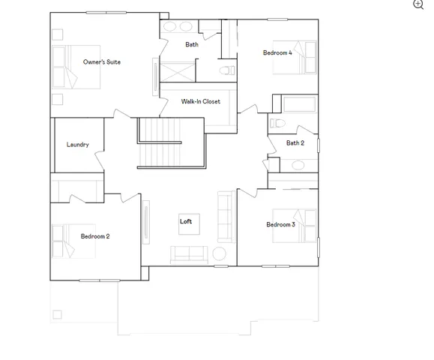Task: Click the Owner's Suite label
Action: tap(101, 61)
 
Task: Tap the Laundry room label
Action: tap(78, 145)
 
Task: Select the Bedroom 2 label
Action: tap(95, 236)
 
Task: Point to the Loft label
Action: tap(186, 221)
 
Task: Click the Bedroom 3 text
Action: tap(280, 224)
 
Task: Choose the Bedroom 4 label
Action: tap(277, 52)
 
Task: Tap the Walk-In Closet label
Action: tap(200, 101)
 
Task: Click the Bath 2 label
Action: tap(295, 142)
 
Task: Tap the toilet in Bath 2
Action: tap(277, 122)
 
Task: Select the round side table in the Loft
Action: tap(220, 253)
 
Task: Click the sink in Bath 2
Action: tap(298, 164)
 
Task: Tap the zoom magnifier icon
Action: tap(418, 4)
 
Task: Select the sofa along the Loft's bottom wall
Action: tap(190, 253)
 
